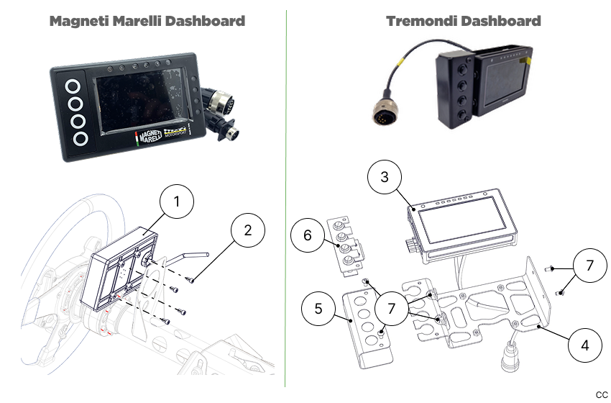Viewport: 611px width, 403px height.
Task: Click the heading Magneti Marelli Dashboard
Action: (x=147, y=21)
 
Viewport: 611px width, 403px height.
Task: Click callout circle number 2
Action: (x=248, y=231)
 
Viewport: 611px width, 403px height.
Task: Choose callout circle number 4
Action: (x=584, y=345)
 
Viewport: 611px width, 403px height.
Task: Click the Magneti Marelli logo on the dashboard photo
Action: (x=150, y=137)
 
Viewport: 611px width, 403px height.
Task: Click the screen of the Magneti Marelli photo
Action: (x=139, y=101)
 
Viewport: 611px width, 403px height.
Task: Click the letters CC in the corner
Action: (x=601, y=394)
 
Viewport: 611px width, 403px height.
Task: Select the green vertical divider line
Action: (x=285, y=201)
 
